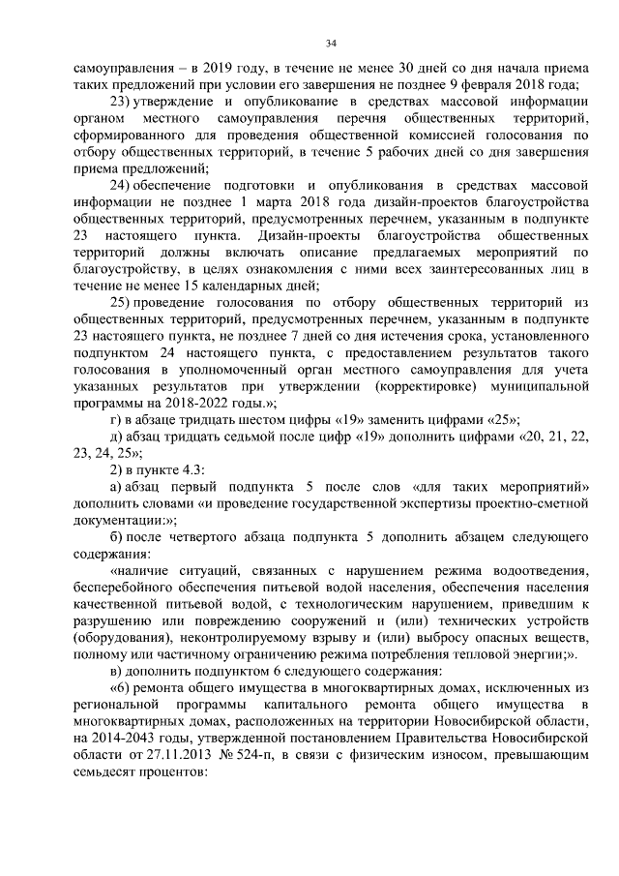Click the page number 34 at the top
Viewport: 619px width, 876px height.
tap(331, 43)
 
